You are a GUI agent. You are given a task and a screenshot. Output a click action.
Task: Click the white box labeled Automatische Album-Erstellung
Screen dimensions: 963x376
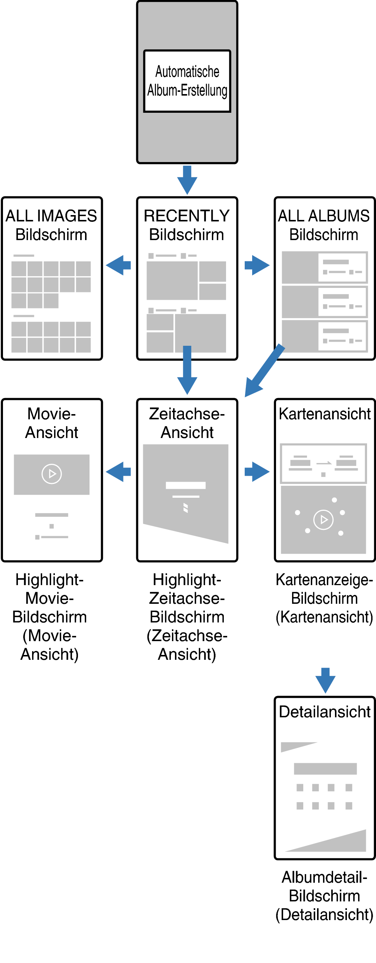[187, 81]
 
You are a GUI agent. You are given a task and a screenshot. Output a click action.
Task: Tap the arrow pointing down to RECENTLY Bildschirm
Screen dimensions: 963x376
[187, 180]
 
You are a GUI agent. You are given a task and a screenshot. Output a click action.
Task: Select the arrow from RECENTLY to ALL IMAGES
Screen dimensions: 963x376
[118, 265]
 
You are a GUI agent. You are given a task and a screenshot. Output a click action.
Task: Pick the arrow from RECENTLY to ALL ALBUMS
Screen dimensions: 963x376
[257, 265]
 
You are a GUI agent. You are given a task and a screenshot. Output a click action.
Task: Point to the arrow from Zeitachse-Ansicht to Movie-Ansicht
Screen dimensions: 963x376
[118, 472]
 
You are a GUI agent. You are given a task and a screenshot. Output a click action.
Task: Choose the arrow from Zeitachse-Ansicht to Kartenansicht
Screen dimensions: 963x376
[257, 472]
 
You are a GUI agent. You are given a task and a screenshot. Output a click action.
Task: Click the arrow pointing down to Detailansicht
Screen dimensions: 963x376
[325, 680]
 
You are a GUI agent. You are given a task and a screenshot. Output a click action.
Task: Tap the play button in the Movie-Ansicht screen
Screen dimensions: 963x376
[51, 474]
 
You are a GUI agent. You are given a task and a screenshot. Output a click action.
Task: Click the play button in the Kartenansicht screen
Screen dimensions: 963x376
[323, 520]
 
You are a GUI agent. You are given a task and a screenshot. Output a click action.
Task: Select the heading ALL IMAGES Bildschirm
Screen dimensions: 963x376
[51, 225]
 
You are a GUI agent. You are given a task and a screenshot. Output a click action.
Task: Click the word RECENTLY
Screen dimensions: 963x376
[187, 216]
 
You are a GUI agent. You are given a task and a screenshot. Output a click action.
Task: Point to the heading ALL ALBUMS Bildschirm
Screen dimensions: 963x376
[324, 225]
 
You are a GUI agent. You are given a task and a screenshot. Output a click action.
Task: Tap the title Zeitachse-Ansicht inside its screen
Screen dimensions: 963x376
[187, 423]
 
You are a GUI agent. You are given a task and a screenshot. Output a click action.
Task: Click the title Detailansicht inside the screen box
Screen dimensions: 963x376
[325, 712]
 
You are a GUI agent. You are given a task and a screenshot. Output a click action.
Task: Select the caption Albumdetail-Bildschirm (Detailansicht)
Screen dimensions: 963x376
[325, 896]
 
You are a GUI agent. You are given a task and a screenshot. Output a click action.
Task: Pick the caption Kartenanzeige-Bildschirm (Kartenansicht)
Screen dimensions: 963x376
[324, 598]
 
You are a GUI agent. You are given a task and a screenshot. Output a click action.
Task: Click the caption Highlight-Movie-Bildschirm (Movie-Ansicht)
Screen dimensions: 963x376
[50, 617]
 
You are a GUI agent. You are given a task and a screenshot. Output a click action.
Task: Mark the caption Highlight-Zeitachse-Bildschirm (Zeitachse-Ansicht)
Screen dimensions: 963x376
[187, 617]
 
